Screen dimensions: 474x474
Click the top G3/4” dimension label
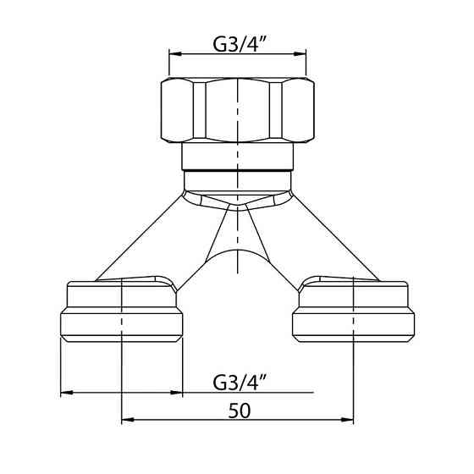click(x=237, y=44)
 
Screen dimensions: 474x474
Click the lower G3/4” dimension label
click(x=237, y=383)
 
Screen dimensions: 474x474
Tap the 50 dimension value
click(x=240, y=411)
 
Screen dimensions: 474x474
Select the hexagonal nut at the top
click(x=238, y=110)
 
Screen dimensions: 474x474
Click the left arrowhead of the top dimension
click(x=175, y=54)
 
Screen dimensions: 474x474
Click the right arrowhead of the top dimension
click(x=300, y=54)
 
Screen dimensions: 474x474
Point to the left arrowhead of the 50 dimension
click(x=128, y=420)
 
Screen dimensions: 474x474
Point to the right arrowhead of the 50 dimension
click(x=347, y=420)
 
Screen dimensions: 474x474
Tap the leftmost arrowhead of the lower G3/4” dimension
click(x=67, y=393)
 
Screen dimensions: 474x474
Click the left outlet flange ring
click(x=122, y=325)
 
